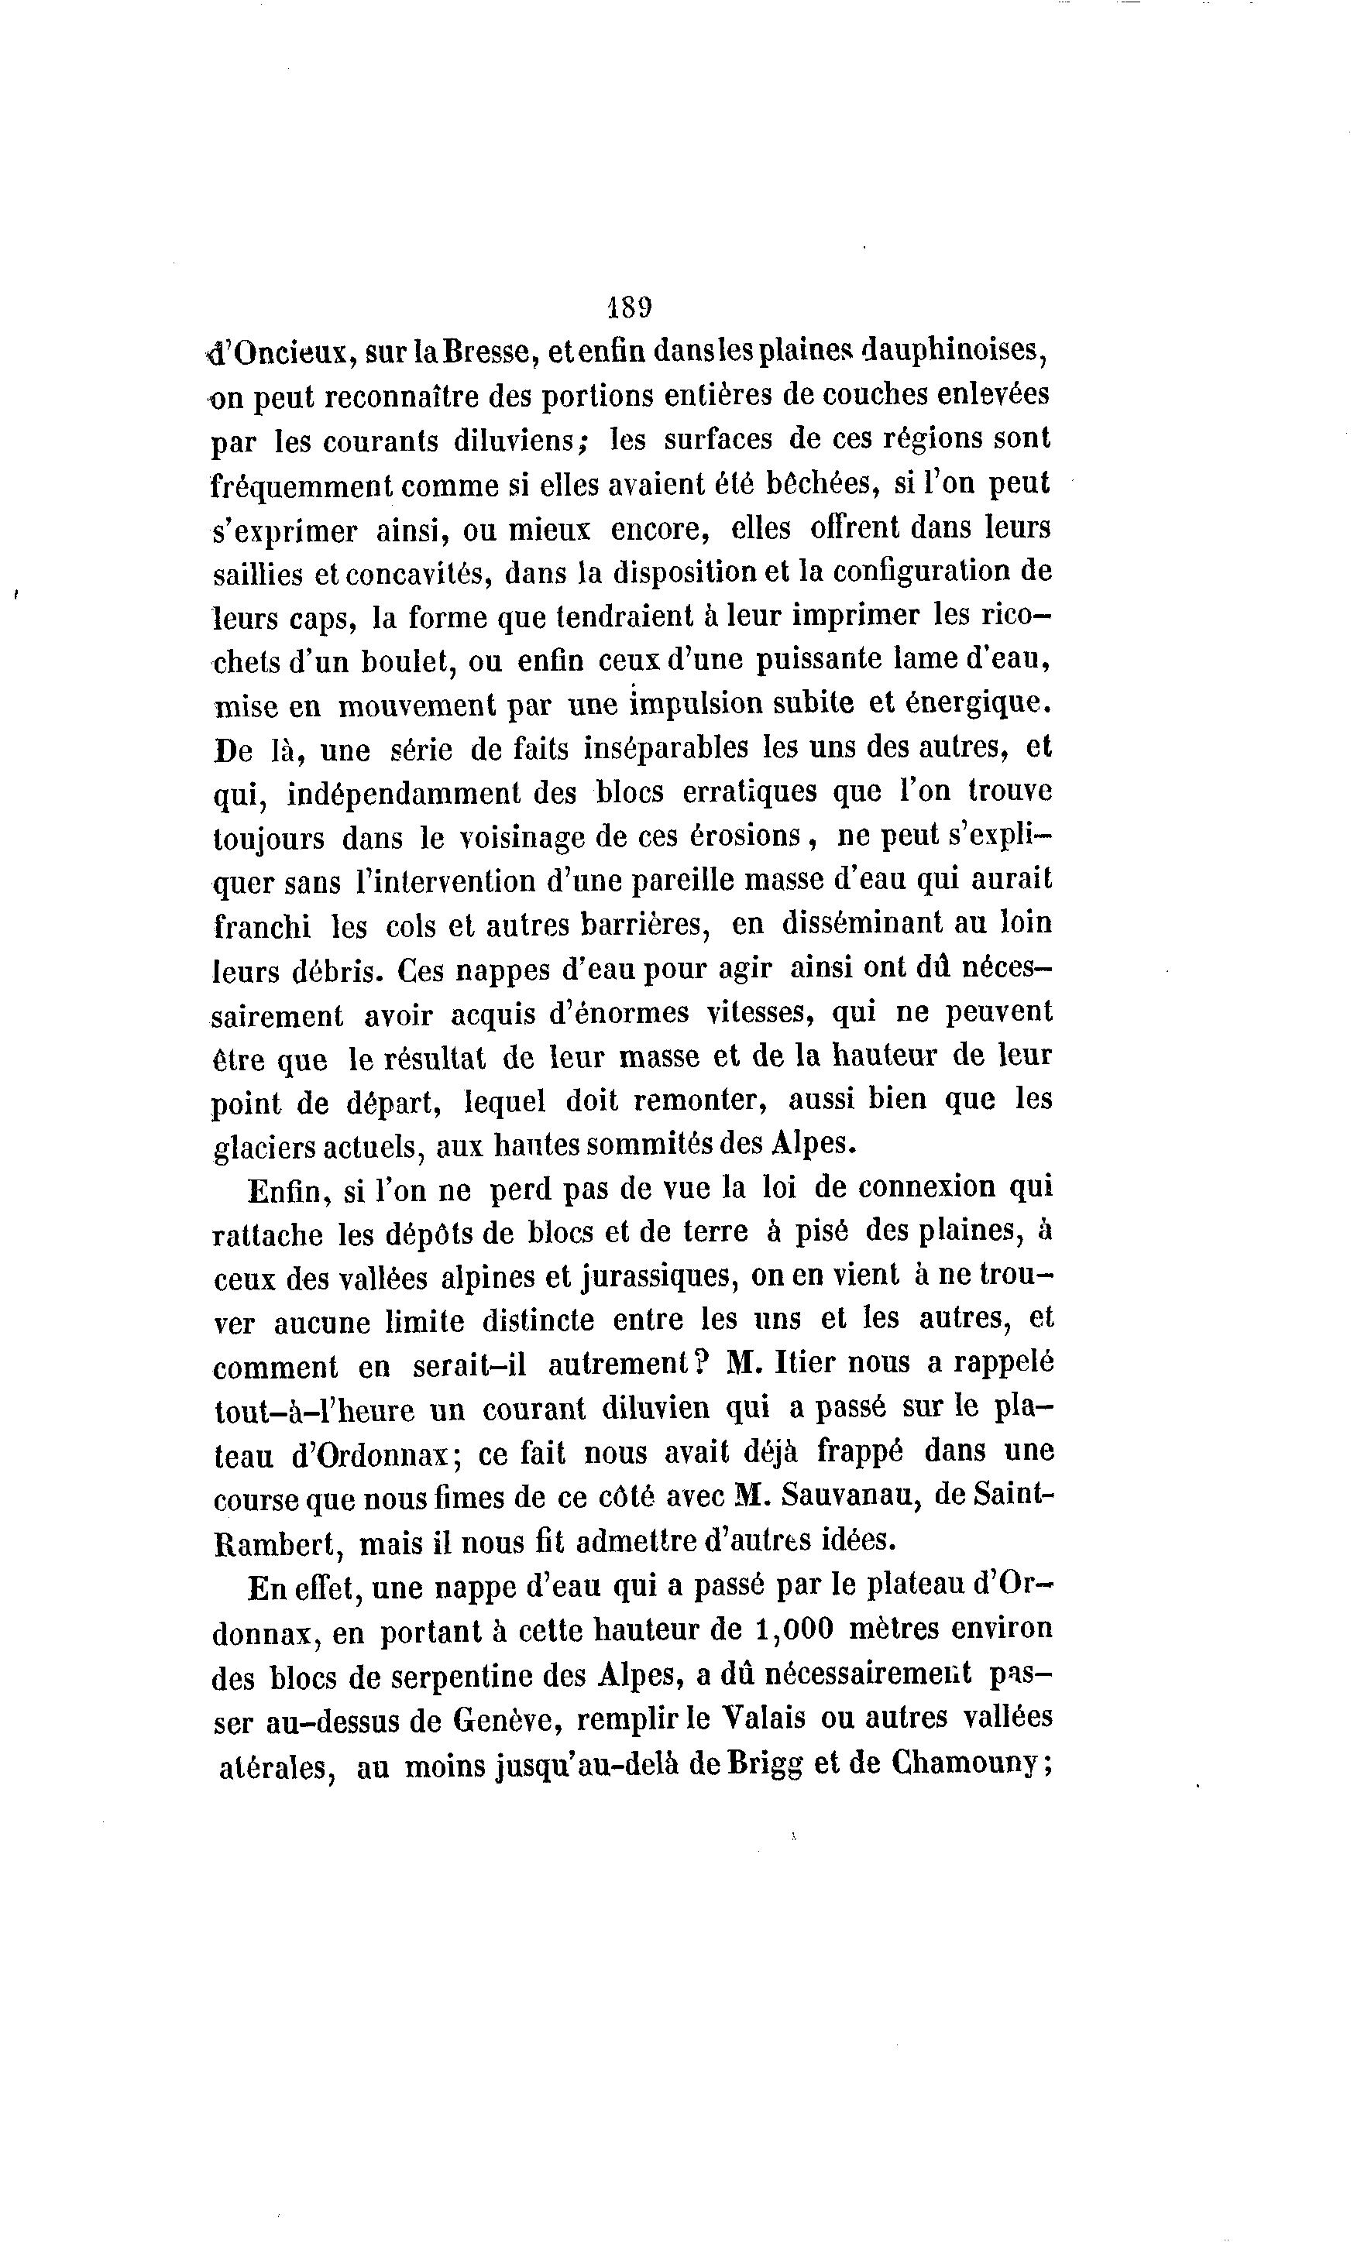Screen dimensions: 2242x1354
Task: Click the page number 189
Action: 629,307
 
